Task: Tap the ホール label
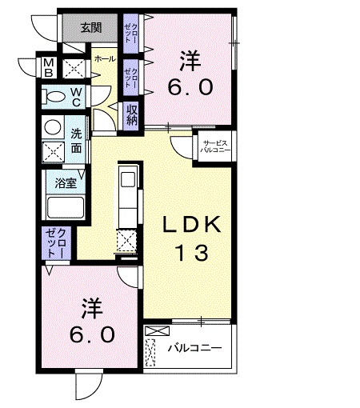pos(103,60)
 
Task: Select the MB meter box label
pos(48,67)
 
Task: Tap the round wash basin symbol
pos(53,126)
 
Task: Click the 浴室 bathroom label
pos(66,183)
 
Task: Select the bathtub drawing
pos(66,208)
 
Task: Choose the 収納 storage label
pos(131,114)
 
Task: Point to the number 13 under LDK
pos(192,254)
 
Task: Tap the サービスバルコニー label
pos(214,146)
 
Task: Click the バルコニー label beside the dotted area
pos(195,349)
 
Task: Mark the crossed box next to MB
pos(73,68)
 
